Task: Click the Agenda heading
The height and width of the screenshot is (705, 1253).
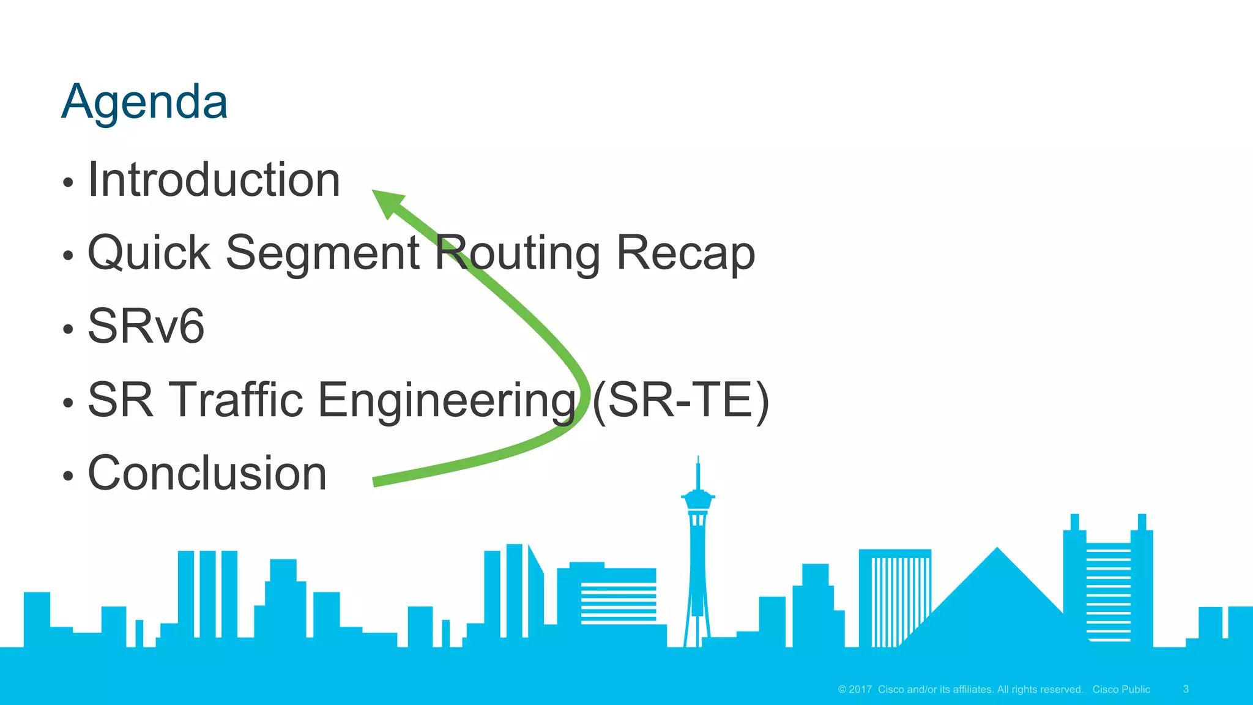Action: [144, 102]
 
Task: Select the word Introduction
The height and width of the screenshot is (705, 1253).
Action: [214, 180]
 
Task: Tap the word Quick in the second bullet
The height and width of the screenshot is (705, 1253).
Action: [149, 253]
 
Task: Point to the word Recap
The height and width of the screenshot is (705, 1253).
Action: [685, 253]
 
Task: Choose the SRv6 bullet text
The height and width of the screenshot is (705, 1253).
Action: [146, 326]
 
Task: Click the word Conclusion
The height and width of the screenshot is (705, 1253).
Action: [207, 473]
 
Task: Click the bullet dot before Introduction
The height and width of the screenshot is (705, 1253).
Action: [68, 182]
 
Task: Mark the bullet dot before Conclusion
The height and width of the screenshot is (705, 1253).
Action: [68, 476]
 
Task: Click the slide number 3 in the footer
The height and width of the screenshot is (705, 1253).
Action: [1186, 689]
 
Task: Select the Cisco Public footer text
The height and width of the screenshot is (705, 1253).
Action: [1121, 689]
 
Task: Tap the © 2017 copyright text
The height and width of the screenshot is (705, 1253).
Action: [855, 689]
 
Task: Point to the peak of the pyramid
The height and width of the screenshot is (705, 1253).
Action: [997, 550]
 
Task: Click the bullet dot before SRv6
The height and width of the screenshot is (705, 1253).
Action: [68, 329]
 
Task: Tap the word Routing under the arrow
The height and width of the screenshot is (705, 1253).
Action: [518, 253]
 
